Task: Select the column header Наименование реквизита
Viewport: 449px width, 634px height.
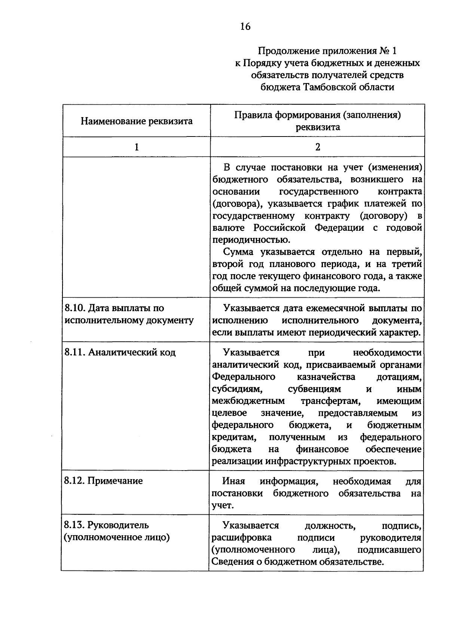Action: (137, 121)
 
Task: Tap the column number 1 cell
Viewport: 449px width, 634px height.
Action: (137, 147)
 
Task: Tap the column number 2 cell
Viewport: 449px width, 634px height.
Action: (317, 147)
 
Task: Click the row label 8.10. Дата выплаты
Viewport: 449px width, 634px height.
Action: (114, 308)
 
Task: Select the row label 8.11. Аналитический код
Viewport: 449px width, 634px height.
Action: (120, 352)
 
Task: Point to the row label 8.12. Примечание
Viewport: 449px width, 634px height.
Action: (104, 481)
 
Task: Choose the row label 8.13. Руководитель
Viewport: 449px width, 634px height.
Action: (107, 525)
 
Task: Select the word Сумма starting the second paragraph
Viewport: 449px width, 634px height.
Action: (238, 252)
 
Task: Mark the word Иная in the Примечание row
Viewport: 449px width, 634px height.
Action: (233, 481)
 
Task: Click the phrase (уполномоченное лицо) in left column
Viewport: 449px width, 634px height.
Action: (117, 537)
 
